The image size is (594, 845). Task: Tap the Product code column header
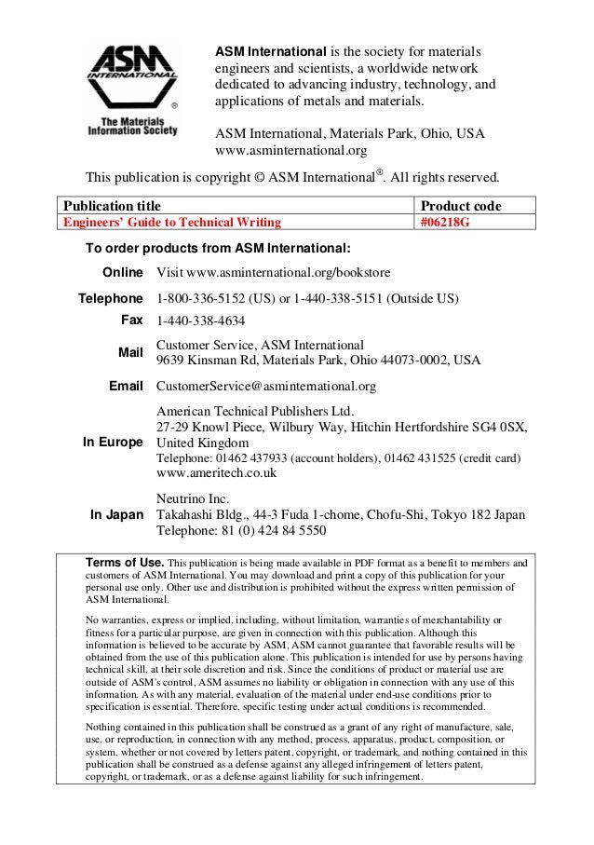pos(461,205)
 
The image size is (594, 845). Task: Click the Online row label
pos(121,272)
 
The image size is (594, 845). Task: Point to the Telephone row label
pos(109,299)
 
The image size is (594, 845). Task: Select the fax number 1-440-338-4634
pos(201,321)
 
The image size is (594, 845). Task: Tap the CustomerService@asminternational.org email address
pos(266,386)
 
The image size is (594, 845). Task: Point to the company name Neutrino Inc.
pos(194,498)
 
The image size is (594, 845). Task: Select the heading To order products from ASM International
pos(218,248)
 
